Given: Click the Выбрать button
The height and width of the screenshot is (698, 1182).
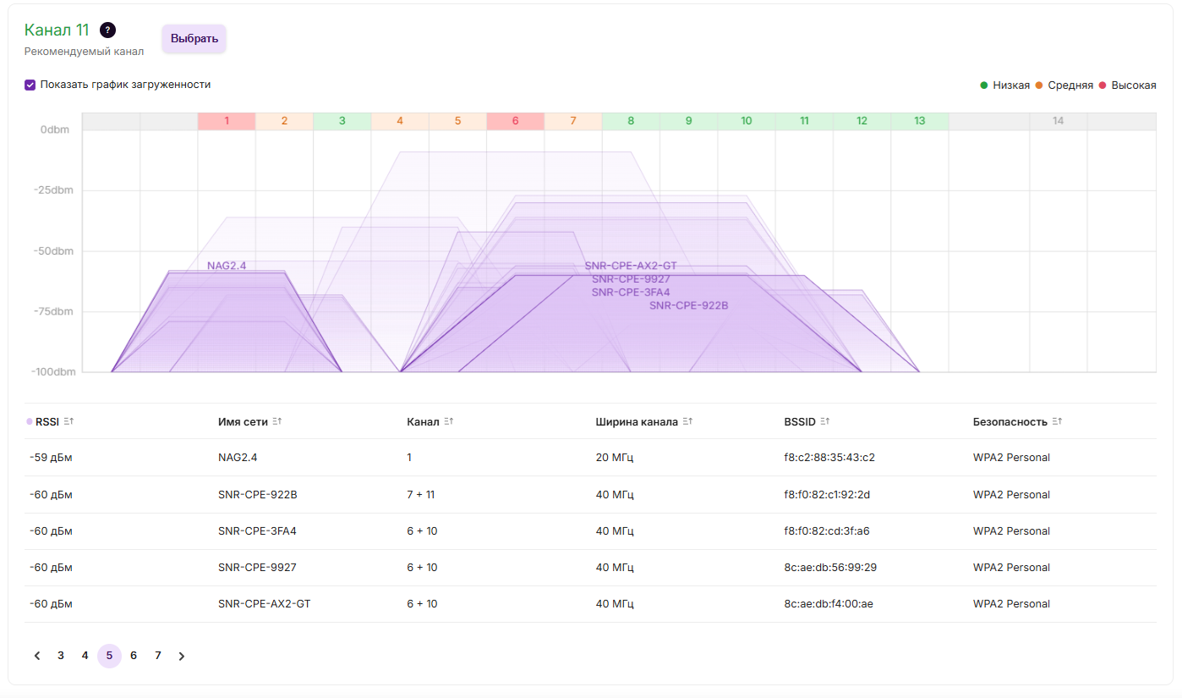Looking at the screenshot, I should [194, 39].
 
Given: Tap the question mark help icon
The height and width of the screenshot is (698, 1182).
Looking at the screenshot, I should [107, 30].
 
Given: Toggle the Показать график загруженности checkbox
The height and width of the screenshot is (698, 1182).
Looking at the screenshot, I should [30, 85].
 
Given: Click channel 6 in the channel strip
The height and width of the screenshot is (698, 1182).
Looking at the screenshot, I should [515, 121].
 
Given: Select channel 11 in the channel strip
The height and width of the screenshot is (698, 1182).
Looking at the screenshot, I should [804, 121].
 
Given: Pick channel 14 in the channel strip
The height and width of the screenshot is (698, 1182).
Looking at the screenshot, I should [1058, 121].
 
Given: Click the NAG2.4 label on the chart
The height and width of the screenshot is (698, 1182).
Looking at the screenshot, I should [227, 266].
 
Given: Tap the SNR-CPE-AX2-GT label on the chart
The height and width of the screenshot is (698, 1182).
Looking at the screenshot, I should [631, 266].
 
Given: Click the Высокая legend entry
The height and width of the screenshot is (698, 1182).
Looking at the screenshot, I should [1133, 85].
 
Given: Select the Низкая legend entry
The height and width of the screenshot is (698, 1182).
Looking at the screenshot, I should [1010, 85].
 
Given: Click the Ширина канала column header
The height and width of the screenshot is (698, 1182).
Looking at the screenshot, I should [637, 422].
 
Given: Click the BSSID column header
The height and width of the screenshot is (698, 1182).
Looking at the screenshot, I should [799, 422].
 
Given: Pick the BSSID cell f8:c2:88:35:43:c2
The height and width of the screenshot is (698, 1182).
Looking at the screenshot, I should [829, 458].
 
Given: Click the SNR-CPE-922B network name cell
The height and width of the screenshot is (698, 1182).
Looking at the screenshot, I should [257, 495].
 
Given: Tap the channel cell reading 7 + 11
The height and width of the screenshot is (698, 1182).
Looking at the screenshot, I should [420, 495].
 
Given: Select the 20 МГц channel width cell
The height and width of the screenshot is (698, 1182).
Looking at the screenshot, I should [615, 458].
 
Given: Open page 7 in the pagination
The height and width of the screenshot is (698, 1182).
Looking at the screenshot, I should [158, 656].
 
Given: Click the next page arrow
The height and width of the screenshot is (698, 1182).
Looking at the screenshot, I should [182, 656].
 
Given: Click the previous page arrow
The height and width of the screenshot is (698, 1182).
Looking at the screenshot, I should [37, 656].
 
